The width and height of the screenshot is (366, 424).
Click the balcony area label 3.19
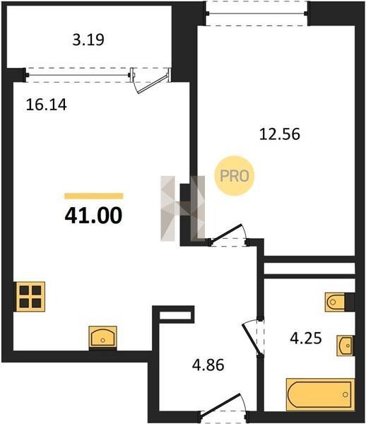pyautogui.click(x=88, y=40)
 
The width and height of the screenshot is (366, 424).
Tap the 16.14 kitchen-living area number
pyautogui.click(x=46, y=105)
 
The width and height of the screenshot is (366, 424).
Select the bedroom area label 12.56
pyautogui.click(x=280, y=134)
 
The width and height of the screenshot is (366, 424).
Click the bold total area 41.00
pyautogui.click(x=93, y=216)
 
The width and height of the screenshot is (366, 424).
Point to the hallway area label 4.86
pyautogui.click(x=208, y=365)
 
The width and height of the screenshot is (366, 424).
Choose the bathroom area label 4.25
pyautogui.click(x=306, y=338)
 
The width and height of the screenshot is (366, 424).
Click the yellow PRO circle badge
pyautogui.click(x=235, y=176)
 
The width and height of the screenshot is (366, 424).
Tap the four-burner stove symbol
pyautogui.click(x=30, y=296)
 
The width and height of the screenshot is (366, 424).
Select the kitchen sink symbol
pyautogui.click(x=103, y=337)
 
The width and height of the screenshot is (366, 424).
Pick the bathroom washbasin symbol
pyautogui.click(x=345, y=346)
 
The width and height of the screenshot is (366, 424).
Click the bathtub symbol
pyautogui.click(x=320, y=394)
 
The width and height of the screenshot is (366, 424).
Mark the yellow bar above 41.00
pyautogui.click(x=93, y=196)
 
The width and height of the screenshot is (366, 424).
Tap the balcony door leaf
pyautogui.click(x=151, y=85)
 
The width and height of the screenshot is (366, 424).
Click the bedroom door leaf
pyautogui.click(x=225, y=234)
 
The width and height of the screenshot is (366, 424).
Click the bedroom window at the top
pyautogui.click(x=256, y=13)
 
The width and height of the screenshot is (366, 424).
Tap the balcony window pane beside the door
pyautogui.click(x=78, y=75)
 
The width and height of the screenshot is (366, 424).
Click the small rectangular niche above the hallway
pyautogui.click(x=175, y=315)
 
